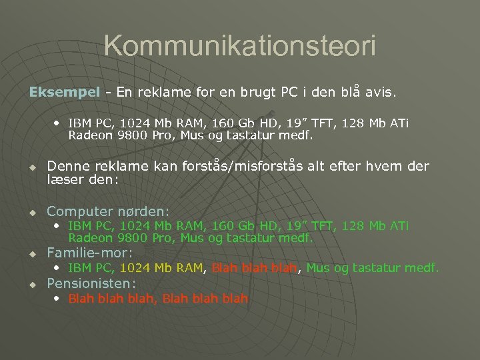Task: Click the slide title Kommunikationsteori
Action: click(x=240, y=46)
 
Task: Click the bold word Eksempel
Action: click(x=64, y=92)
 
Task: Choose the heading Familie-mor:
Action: click(x=89, y=253)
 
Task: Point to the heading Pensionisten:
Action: click(x=91, y=283)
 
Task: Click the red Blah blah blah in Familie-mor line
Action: click(x=253, y=268)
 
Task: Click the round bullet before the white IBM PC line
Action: click(x=57, y=123)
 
